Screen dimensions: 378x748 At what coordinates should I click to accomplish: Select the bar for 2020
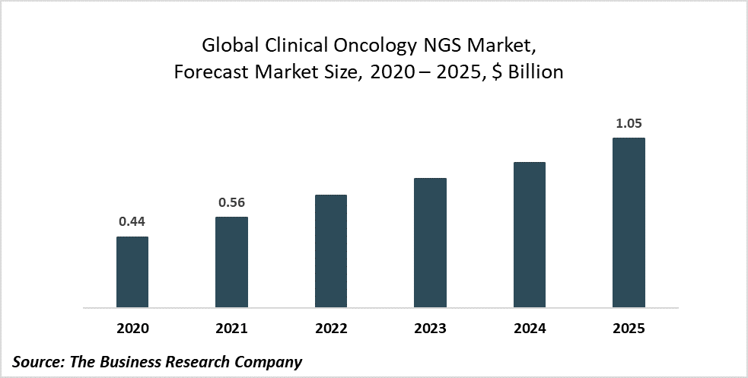coord(132,272)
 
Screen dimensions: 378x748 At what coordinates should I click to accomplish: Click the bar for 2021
coord(231,262)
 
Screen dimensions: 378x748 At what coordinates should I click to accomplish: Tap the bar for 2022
coord(330,251)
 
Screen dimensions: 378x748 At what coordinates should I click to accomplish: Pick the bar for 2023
coord(430,243)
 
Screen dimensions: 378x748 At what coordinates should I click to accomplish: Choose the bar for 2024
coord(529,235)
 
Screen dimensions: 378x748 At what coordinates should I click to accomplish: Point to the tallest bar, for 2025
coord(629,223)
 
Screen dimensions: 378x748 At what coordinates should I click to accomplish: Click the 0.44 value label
coord(132,222)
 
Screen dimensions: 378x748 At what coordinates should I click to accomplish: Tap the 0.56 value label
coord(231,202)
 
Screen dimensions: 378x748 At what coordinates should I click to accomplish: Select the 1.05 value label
coord(629,123)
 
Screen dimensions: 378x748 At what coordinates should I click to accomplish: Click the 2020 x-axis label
coord(132,329)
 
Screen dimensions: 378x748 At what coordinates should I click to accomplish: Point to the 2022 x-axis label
coord(330,329)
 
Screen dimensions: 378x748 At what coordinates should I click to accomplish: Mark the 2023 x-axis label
coord(430,329)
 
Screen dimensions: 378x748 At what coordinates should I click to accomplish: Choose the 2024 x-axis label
coord(529,329)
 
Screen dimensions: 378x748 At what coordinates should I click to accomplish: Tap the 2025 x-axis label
coord(629,329)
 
